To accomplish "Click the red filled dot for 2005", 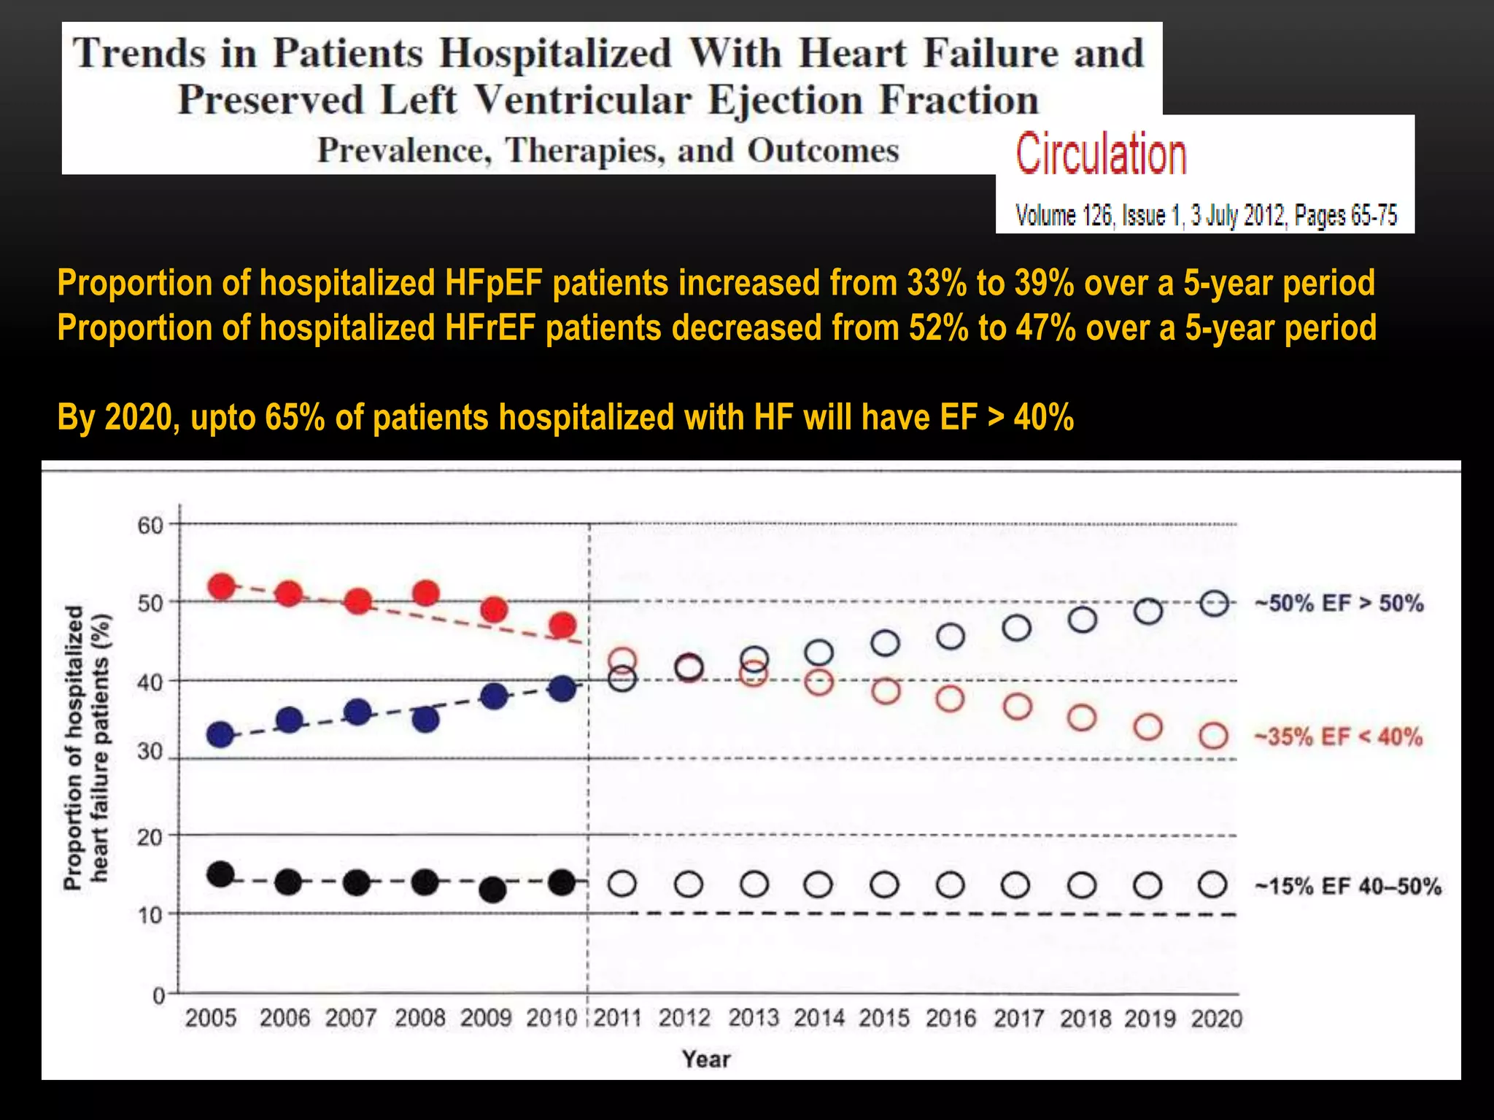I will click(222, 586).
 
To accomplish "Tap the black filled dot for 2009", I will click(493, 890).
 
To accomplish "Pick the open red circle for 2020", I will click(1214, 736).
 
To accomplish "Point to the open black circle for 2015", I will click(885, 885).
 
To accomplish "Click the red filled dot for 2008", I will click(426, 594).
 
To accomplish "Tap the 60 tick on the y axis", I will click(151, 526).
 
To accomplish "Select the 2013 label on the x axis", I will click(754, 1018).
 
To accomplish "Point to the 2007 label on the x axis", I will click(351, 1018).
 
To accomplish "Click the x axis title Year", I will click(706, 1059).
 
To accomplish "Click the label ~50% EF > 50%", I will click(1339, 604).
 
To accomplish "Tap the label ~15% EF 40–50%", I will click(1347, 887).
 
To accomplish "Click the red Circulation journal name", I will click(1101, 155).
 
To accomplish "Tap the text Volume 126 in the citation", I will click(1064, 216).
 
